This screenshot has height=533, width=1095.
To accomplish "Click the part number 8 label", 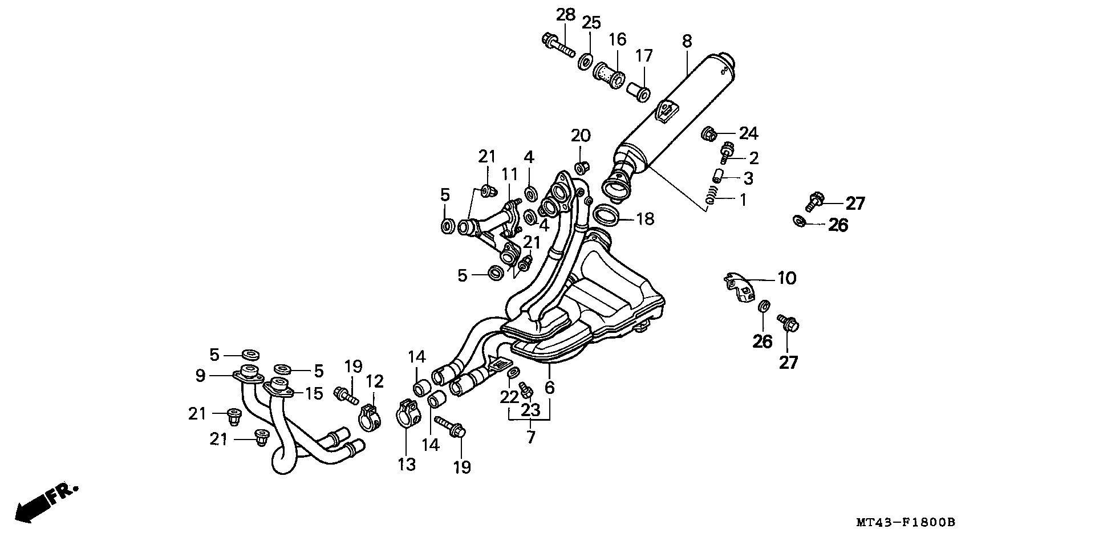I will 687,41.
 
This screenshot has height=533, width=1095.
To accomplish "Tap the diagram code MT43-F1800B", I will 905,522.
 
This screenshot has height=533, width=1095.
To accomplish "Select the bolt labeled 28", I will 557,45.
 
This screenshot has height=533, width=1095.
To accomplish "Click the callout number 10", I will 786,278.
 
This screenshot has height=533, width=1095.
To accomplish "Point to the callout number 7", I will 531,438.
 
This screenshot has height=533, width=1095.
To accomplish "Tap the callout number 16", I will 617,40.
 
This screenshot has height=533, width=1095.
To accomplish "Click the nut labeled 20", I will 581,168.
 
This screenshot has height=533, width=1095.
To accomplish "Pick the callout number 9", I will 200,376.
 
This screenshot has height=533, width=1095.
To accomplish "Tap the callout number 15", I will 314,393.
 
